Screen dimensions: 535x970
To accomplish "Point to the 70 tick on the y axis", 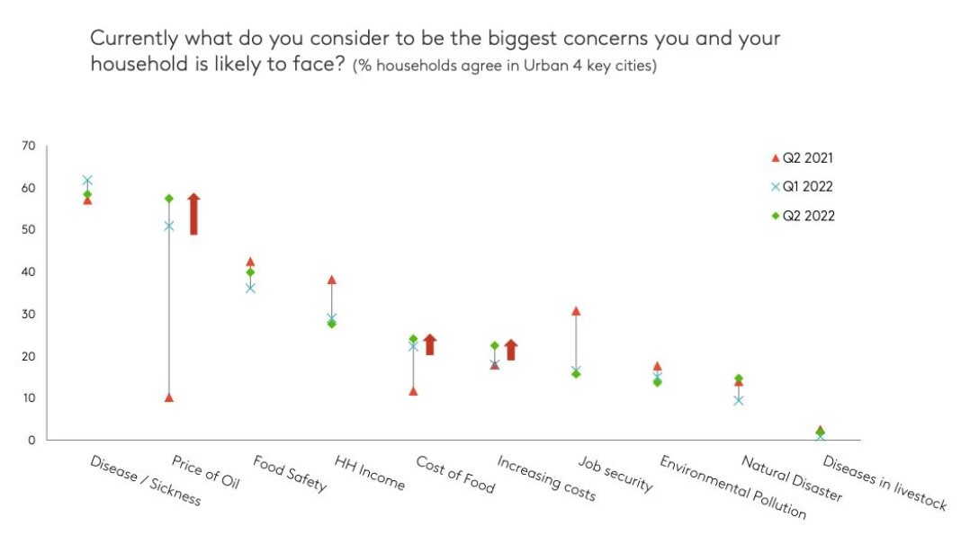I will (x=29, y=146).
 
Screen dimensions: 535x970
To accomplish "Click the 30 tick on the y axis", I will (x=29, y=314).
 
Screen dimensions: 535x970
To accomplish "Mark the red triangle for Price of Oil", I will (x=169, y=397).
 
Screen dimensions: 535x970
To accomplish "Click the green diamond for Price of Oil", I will (x=168, y=198).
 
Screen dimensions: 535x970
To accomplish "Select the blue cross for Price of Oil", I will (x=168, y=226).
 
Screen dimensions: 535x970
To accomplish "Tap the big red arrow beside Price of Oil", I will (x=193, y=214).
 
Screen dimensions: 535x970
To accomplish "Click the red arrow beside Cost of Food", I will (x=430, y=344).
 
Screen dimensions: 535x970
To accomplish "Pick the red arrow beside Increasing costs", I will (x=511, y=350).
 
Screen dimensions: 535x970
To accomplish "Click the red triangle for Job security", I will (x=576, y=311).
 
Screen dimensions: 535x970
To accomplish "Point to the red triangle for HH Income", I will (x=332, y=280).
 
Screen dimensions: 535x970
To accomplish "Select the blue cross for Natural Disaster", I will (x=738, y=399).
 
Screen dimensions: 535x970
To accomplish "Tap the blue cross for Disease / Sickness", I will (x=87, y=181).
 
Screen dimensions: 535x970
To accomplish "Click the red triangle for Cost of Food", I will (x=413, y=391).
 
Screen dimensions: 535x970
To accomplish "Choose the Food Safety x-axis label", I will (x=290, y=475).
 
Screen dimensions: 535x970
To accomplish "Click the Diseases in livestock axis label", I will (x=885, y=484).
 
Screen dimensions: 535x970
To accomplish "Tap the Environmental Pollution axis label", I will (x=732, y=487).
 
